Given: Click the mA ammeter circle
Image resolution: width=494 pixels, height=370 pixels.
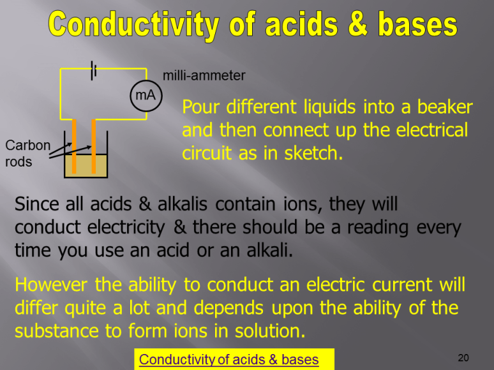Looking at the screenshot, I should [x=146, y=95].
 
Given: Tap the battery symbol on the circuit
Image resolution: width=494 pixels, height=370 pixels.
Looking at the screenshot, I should [x=94, y=70].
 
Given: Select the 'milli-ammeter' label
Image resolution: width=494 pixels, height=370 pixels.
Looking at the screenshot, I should [x=204, y=75].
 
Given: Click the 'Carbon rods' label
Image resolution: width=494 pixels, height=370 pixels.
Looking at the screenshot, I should [x=27, y=153].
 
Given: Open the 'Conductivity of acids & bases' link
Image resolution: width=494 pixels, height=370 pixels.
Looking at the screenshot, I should [x=228, y=360].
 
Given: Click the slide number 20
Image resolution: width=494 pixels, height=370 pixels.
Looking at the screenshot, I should [x=463, y=357].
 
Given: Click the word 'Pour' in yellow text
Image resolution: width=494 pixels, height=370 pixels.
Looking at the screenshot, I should [x=200, y=107].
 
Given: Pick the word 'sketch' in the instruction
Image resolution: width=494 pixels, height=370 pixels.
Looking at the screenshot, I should [x=315, y=154].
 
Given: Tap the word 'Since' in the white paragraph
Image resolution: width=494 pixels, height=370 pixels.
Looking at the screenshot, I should [x=37, y=205].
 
